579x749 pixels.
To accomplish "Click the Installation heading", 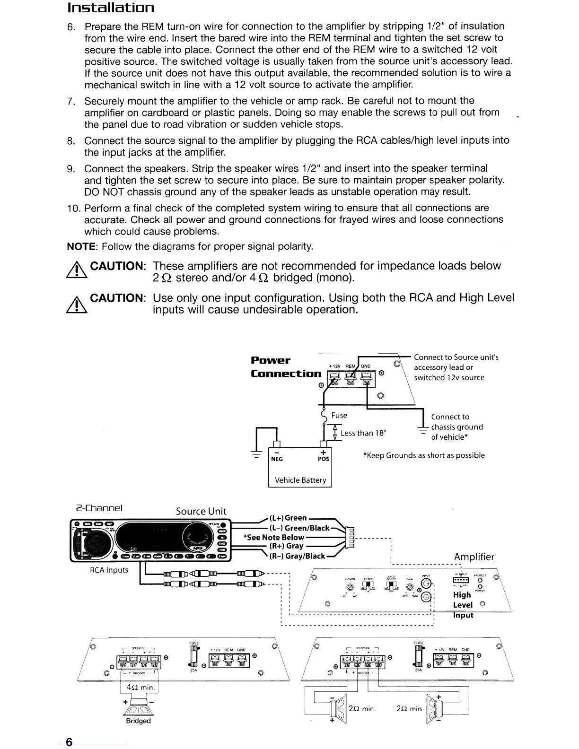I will pos(111,9).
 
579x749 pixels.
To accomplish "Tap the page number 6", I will pos(69,741).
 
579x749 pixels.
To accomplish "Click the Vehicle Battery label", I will pos(300,480).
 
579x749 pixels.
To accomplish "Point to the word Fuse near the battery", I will pos(339,415).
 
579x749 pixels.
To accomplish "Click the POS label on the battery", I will pos(323,459).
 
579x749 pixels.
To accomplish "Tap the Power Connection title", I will pos(286,367).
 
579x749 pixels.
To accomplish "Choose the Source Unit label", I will pos(201,511).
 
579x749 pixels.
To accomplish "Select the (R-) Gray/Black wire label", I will pos(297,556).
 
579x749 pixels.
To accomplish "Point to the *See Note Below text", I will pos(273,537).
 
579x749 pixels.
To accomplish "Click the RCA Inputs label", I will pos(109,570).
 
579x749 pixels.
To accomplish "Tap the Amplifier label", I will pos(474,557).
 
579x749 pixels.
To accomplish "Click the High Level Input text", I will pos(463,604).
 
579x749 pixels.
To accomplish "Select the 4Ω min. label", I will pos(139,687).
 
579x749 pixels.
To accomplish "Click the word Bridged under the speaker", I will pos(138,721).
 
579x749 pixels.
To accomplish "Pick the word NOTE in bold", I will pos(82,247).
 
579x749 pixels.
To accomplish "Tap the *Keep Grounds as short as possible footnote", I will pos(423,455).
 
